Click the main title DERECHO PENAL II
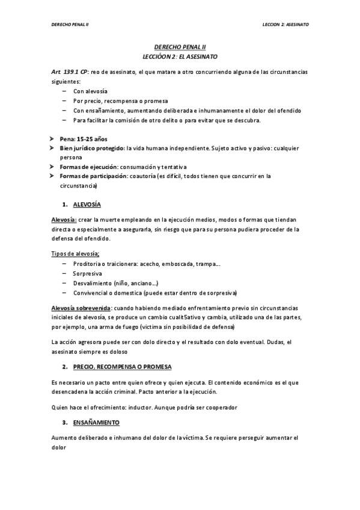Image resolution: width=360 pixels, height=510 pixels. [180, 46]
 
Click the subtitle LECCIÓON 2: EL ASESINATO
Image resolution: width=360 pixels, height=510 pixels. [180, 56]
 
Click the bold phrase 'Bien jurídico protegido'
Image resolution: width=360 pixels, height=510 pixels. [92, 148]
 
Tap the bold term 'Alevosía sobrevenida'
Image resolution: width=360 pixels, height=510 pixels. [81, 307]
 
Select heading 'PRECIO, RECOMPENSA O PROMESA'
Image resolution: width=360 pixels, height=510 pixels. [120, 366]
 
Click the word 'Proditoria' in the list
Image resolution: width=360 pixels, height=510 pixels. [87, 263]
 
